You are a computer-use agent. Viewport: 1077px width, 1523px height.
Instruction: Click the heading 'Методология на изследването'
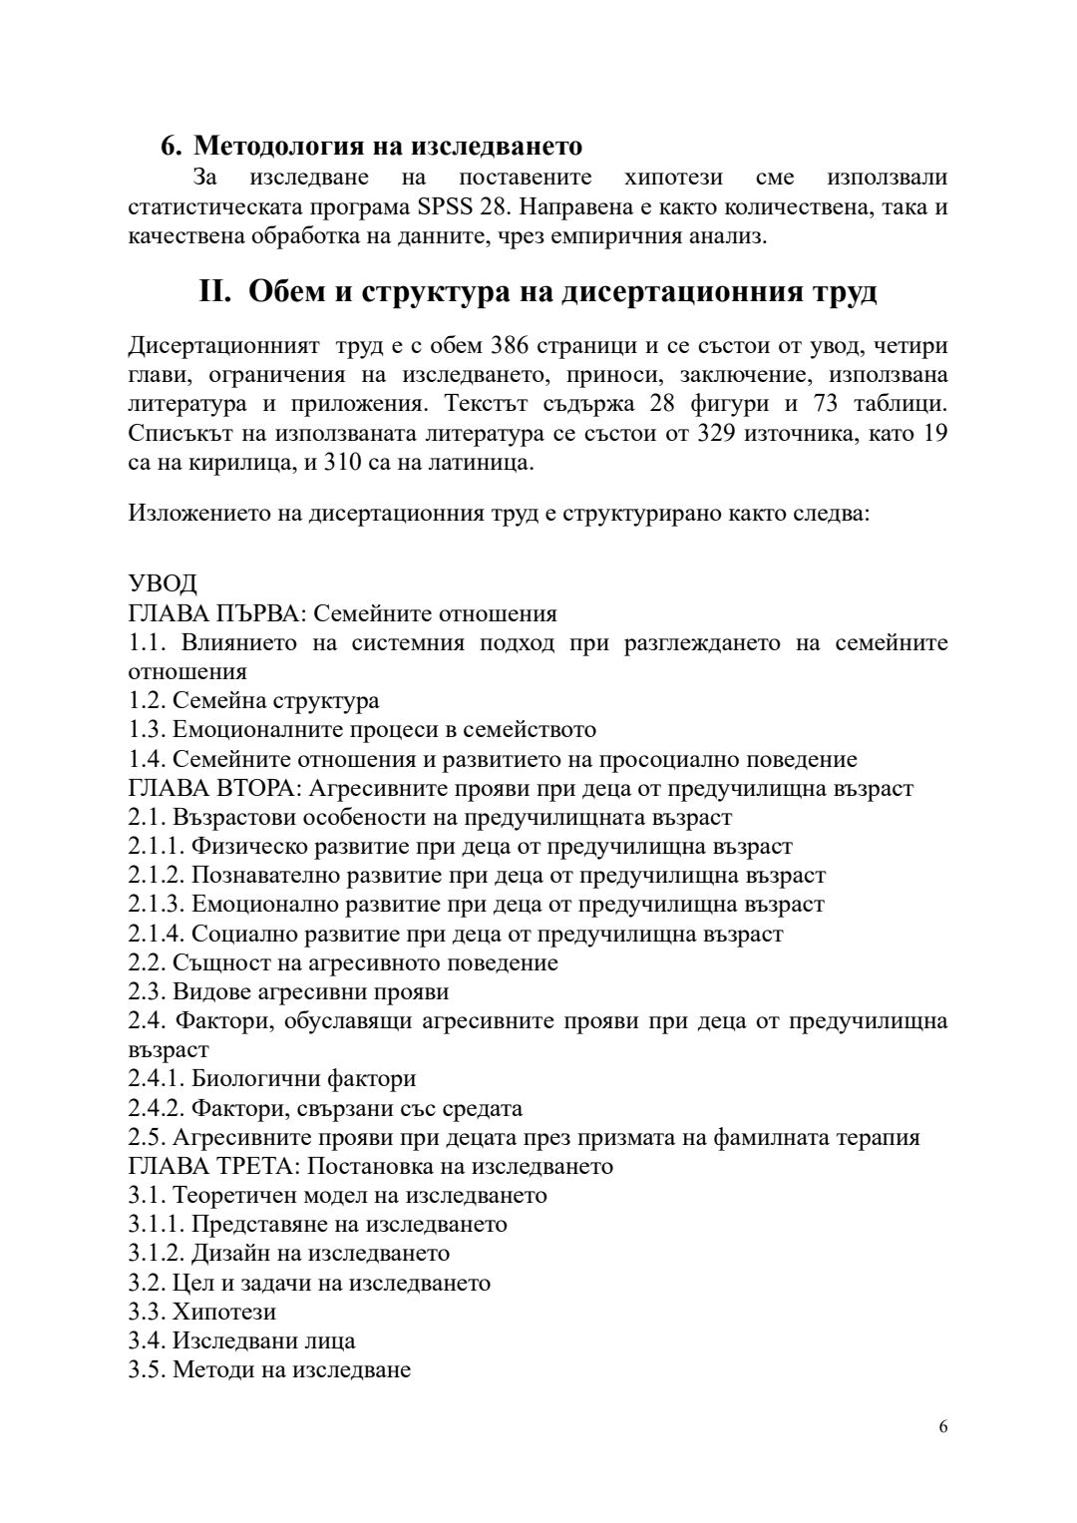click(x=387, y=146)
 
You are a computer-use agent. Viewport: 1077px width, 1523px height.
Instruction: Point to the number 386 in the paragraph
click(x=510, y=346)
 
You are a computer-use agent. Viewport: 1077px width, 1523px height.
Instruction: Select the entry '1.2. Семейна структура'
click(x=253, y=700)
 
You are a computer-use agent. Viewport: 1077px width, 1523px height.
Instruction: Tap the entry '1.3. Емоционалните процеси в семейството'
click(x=362, y=729)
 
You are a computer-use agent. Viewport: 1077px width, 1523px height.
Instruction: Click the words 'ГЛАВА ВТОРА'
click(x=210, y=788)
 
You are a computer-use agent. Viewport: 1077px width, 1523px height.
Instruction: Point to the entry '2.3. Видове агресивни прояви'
click(x=288, y=991)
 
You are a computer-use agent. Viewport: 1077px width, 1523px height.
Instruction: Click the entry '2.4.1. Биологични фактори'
click(x=271, y=1078)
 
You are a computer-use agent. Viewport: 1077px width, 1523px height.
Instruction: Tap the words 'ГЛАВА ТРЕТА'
click(x=210, y=1166)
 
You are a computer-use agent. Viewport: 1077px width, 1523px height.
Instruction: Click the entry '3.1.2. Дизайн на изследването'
click(x=288, y=1253)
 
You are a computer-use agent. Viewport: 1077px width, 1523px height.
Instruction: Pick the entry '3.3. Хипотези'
click(x=201, y=1311)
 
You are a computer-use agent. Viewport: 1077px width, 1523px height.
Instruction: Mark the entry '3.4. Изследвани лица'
click(x=241, y=1340)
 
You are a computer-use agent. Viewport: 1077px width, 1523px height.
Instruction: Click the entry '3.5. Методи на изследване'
click(x=269, y=1369)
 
